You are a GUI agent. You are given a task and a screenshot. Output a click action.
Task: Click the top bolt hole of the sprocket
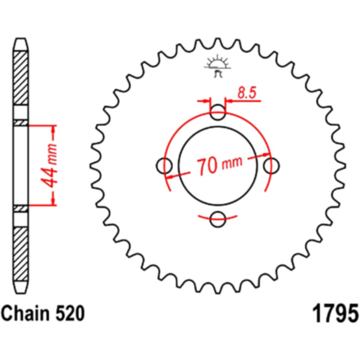(218, 112)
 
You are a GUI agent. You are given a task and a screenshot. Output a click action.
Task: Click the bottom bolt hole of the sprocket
(218, 220)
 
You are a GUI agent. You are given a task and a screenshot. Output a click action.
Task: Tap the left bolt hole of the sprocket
(164, 166)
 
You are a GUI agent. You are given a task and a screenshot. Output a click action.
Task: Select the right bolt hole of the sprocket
(271, 166)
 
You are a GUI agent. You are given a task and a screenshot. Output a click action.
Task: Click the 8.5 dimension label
(247, 93)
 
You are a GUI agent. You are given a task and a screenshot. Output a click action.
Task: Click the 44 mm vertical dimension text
(50, 166)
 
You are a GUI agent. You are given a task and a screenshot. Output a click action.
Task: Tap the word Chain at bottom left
(25, 313)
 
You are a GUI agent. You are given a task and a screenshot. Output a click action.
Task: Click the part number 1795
(335, 313)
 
